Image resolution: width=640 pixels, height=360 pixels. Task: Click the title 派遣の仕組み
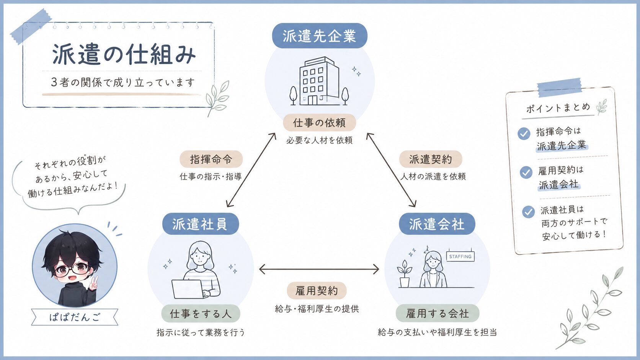click(x=124, y=54)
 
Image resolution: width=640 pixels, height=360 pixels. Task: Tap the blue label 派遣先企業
click(x=320, y=36)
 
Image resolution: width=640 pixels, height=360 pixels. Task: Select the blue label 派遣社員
click(x=201, y=224)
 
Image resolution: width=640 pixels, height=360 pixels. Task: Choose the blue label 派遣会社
click(x=437, y=224)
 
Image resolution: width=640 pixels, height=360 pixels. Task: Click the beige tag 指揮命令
click(x=211, y=159)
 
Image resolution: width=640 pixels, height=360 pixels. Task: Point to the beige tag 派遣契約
click(x=431, y=159)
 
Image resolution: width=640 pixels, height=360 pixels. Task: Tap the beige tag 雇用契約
click(x=317, y=291)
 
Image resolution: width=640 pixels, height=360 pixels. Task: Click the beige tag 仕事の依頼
click(x=320, y=123)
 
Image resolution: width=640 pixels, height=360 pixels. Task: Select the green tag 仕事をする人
click(x=201, y=313)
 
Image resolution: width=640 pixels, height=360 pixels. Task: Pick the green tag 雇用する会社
click(x=438, y=313)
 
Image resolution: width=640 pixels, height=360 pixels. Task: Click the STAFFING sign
click(x=460, y=256)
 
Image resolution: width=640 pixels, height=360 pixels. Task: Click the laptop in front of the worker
click(x=188, y=289)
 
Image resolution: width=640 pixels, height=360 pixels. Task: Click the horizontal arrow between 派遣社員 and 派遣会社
click(x=319, y=269)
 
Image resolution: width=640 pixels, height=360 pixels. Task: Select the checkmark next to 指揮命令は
click(x=524, y=133)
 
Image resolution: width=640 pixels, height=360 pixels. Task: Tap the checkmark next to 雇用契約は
click(x=526, y=172)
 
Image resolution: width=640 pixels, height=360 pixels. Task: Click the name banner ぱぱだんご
click(x=75, y=317)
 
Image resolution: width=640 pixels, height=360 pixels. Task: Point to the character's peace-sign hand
click(x=93, y=283)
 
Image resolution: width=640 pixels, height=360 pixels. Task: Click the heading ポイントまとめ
click(x=558, y=108)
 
